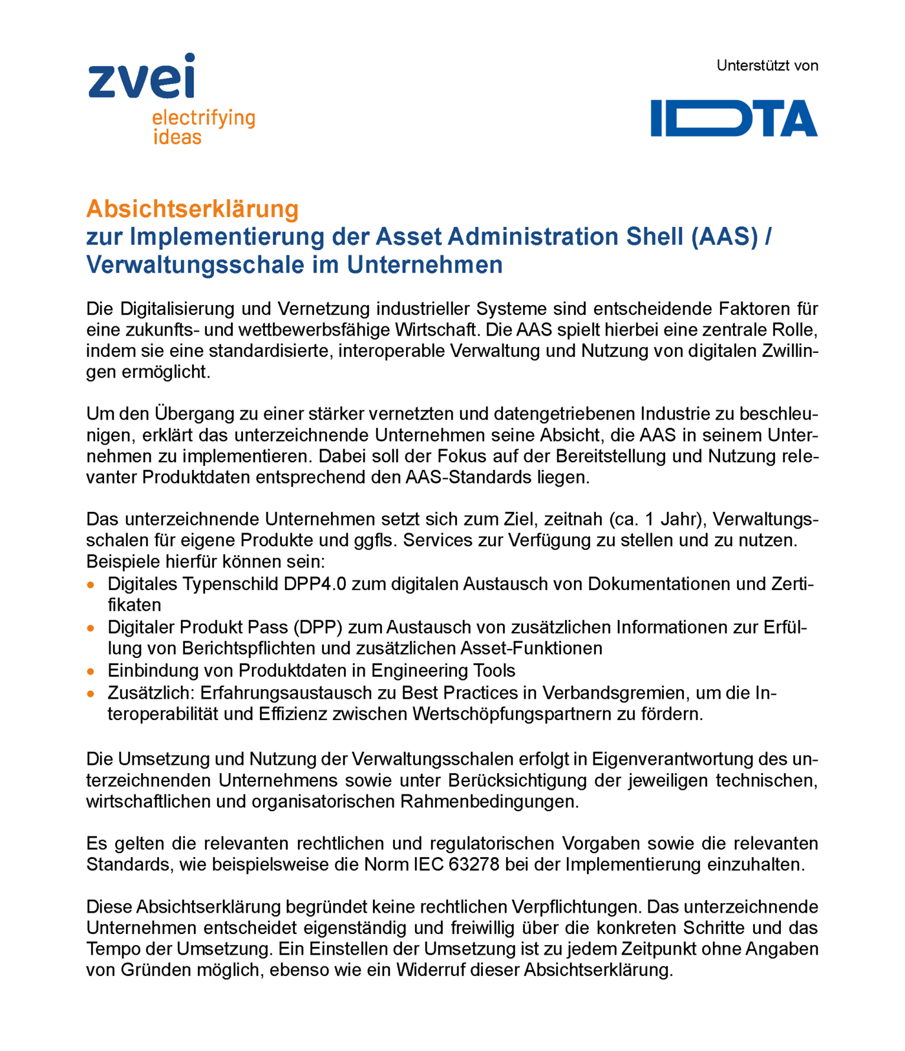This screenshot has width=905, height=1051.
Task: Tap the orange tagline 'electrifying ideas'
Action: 203,127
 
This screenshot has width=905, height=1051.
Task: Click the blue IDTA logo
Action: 734,118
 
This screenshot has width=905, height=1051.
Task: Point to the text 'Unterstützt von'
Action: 767,66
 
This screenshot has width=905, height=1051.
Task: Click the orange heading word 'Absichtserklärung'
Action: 193,209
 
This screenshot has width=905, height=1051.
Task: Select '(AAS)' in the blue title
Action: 724,237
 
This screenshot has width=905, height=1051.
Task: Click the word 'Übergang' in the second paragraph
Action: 189,414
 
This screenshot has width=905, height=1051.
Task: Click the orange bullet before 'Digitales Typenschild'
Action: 91,584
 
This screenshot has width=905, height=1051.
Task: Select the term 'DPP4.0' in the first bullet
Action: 315,584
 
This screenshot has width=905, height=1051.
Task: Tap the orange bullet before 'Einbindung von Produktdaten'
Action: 91,672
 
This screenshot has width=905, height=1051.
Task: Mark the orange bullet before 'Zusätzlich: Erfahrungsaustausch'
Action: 91,694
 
